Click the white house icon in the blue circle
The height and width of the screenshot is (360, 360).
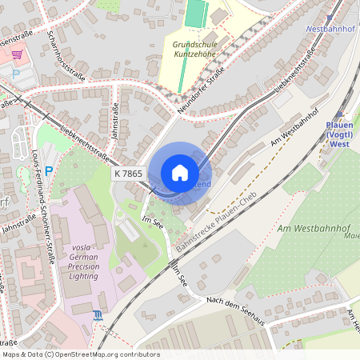coord(180,173)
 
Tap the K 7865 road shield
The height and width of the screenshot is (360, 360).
coord(128,173)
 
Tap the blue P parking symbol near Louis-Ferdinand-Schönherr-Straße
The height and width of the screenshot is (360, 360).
coord(49,170)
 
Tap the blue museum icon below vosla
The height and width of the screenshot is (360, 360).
coord(98,316)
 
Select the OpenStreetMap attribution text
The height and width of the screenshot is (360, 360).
coord(80,354)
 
